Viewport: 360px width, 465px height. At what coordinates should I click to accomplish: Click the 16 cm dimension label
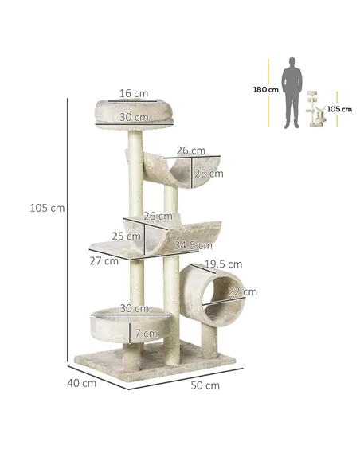pos(135,93)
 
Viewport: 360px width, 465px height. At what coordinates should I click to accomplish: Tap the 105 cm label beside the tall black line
pos(46,209)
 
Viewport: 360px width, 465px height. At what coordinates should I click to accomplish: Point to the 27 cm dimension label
pos(104,260)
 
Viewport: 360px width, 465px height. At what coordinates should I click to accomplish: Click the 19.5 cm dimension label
pos(223,264)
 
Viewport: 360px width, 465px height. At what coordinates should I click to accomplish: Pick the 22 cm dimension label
pos(243,292)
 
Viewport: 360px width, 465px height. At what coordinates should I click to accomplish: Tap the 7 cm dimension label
pos(146,332)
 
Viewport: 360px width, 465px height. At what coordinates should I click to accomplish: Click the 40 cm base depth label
pos(82,383)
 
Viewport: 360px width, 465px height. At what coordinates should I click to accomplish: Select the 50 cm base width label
pos(205,386)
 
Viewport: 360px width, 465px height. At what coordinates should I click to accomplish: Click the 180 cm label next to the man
pos(266,90)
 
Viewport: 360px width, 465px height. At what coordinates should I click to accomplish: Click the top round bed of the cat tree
pos(134,112)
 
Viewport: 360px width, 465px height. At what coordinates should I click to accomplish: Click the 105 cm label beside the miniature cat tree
pos(339,109)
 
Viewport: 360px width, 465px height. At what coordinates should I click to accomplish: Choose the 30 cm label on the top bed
pos(134,117)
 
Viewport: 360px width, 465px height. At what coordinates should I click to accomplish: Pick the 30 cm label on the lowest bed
pos(135,309)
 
